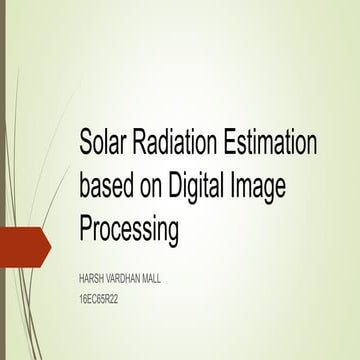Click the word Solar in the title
pyautogui.click(x=104, y=144)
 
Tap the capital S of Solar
pyautogui.click(x=86, y=144)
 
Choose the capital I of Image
pyautogui.click(x=251, y=188)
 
